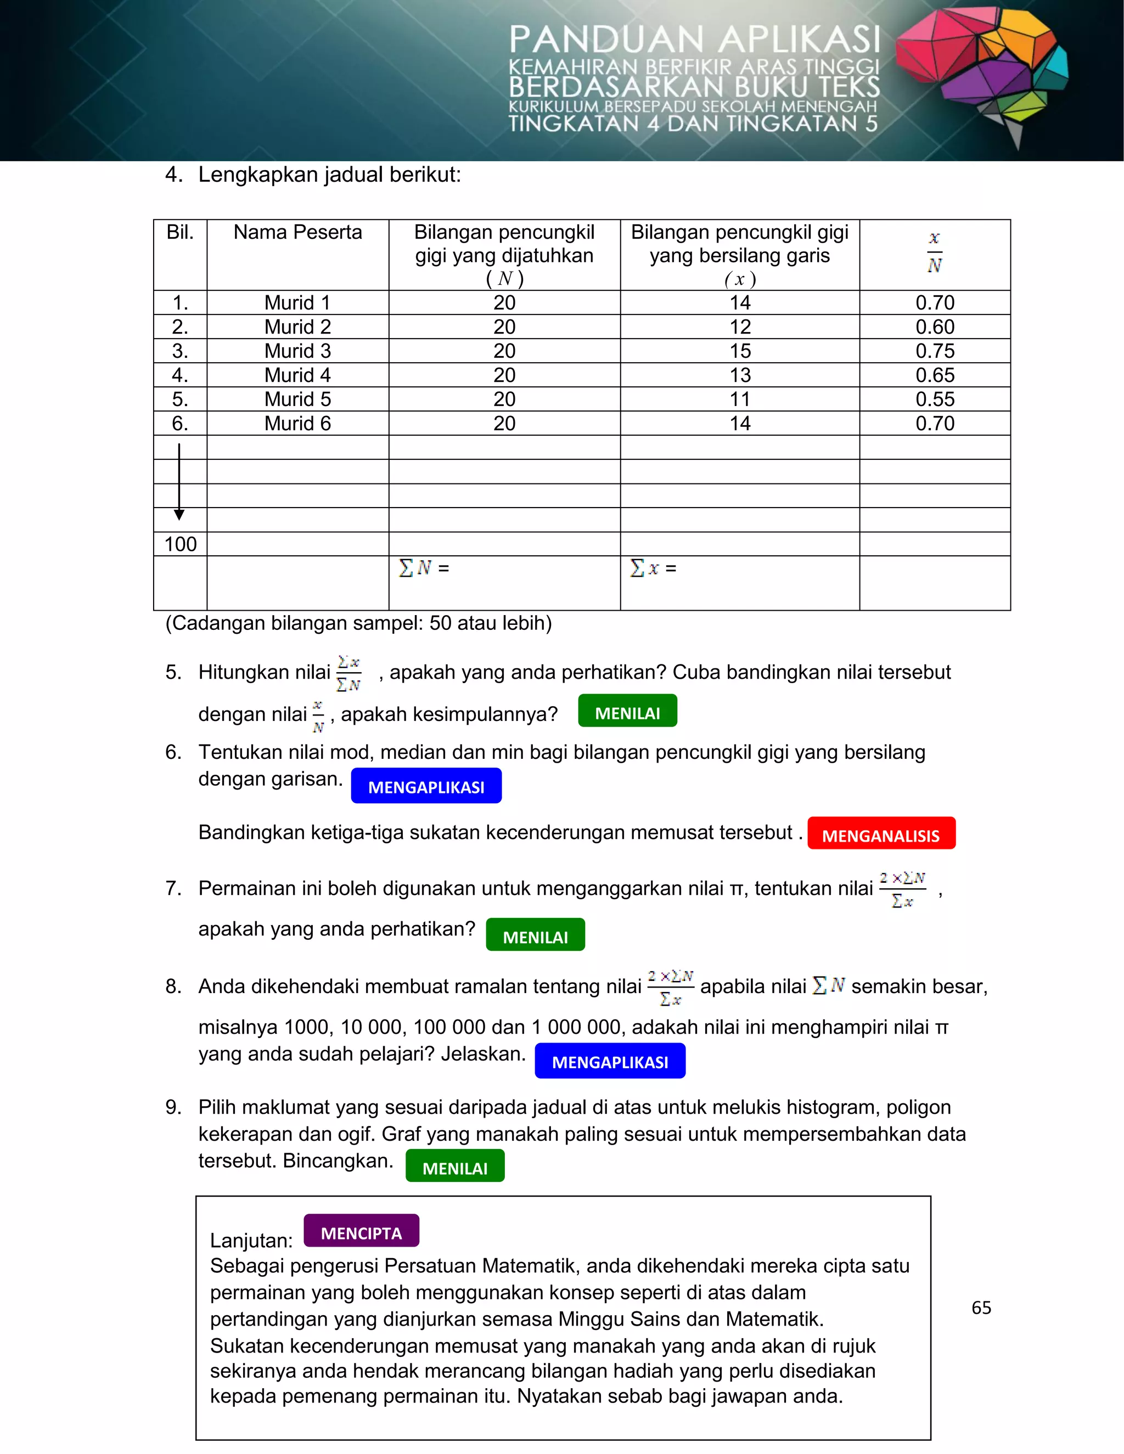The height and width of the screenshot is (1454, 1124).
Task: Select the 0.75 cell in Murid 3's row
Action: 934,351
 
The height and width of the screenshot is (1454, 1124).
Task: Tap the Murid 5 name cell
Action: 297,399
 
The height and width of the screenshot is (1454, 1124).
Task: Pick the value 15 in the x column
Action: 739,351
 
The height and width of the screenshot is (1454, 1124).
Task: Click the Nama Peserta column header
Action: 297,232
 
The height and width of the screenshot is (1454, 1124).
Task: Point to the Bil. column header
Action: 180,232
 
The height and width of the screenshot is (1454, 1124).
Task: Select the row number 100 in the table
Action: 180,544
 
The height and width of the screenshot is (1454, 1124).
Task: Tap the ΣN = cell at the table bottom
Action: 424,568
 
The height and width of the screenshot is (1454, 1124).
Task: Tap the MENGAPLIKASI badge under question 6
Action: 426,786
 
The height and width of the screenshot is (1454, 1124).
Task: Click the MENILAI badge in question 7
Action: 535,935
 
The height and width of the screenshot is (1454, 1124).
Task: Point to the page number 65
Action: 981,1308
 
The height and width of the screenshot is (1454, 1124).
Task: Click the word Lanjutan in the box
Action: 251,1241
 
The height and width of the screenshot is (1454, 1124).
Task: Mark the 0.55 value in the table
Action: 934,399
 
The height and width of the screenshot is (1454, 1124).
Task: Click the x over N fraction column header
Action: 934,253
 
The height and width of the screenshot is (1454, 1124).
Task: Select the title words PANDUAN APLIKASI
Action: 694,40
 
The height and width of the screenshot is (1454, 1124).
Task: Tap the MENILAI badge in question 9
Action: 455,1166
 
